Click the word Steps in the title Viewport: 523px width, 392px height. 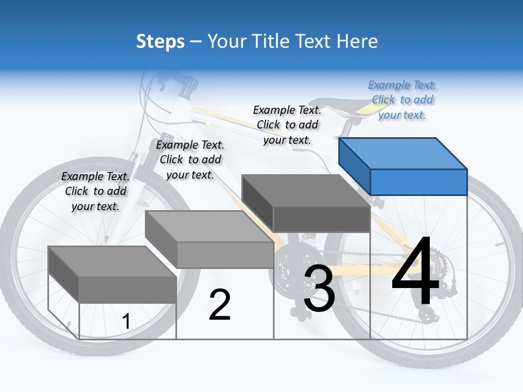tap(160, 41)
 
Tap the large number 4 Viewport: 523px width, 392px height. tap(415, 272)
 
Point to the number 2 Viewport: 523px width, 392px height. tap(220, 305)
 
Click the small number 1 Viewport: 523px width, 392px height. tap(126, 322)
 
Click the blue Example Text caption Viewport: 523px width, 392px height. tap(402, 100)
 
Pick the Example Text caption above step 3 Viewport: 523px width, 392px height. tap(287, 125)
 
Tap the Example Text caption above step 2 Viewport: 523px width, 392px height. tap(190, 160)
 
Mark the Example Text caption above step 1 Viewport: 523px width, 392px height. tap(95, 191)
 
